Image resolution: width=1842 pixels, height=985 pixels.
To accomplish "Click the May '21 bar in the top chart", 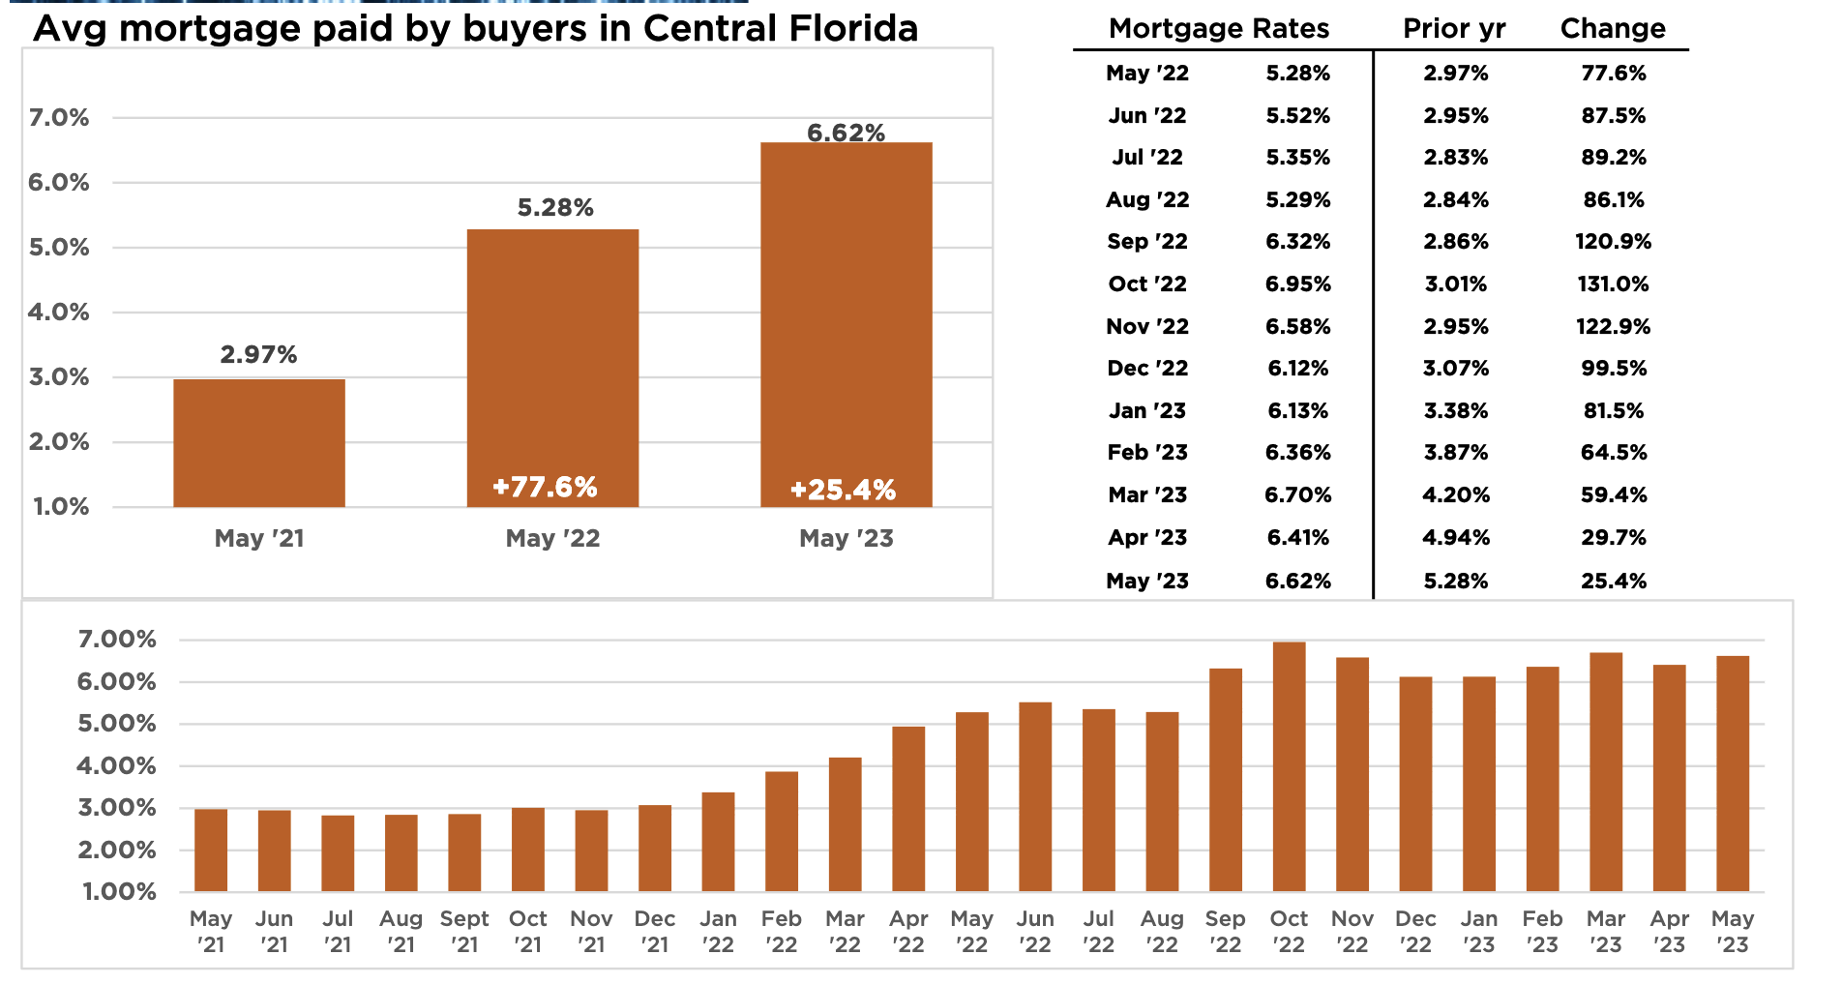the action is tap(259, 442).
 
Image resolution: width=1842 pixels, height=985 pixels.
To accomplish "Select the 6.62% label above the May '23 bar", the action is tap(847, 133).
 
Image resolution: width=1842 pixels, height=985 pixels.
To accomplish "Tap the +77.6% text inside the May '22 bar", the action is tap(545, 487).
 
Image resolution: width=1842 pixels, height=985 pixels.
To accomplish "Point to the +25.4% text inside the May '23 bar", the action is tap(843, 490).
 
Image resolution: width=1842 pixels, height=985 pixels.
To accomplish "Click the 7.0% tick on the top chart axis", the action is tap(59, 118).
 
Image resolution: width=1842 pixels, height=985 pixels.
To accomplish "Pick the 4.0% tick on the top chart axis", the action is tap(59, 312).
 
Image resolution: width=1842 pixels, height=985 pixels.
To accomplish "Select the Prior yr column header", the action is tap(1454, 29).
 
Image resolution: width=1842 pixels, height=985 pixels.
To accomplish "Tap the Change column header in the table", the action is tap(1613, 29).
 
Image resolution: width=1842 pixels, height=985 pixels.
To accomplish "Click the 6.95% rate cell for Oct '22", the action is tap(1298, 284).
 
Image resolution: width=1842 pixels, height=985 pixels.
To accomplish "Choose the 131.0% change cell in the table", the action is tap(1613, 284).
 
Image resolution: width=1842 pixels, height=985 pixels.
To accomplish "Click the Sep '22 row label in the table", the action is tap(1147, 242).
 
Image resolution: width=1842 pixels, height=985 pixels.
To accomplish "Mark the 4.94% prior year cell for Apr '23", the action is tap(1456, 538).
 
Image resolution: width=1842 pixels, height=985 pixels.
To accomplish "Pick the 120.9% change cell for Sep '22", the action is tap(1613, 242).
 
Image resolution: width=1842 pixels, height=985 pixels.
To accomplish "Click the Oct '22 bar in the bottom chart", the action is tap(1289, 766).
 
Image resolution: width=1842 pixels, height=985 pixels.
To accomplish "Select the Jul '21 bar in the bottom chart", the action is tap(338, 853).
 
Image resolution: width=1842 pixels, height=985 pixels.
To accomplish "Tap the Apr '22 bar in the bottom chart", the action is tap(908, 809).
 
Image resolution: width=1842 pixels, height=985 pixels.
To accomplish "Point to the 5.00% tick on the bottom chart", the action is tap(117, 724).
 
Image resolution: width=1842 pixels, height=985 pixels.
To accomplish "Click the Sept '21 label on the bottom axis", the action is tap(464, 931).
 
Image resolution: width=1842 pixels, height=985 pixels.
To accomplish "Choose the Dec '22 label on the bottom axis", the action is tap(1415, 931).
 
